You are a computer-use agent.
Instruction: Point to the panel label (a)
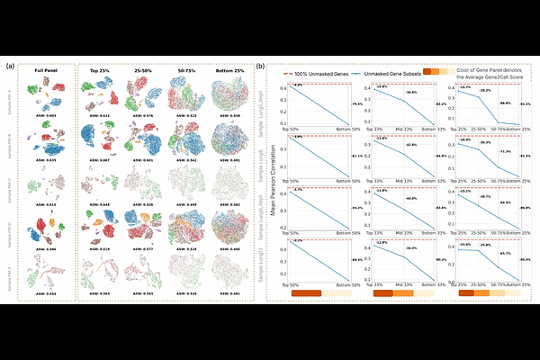[9, 66]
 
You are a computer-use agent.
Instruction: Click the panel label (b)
[260, 66]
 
